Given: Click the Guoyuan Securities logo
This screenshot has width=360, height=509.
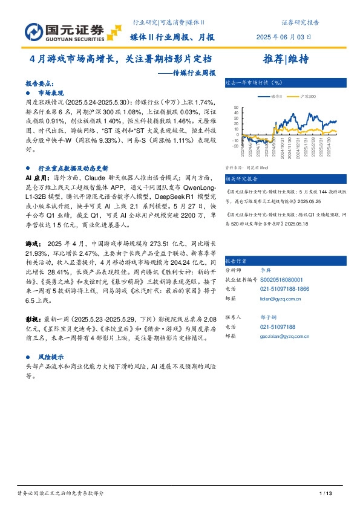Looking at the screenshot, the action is (x=64, y=30).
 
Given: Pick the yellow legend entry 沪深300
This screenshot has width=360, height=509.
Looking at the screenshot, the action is (x=299, y=96).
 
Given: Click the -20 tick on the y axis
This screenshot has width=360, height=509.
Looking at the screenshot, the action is (x=236, y=146).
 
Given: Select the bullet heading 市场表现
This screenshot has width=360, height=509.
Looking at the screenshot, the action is (x=51, y=94).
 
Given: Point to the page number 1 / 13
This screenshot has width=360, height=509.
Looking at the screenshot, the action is (x=327, y=494).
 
